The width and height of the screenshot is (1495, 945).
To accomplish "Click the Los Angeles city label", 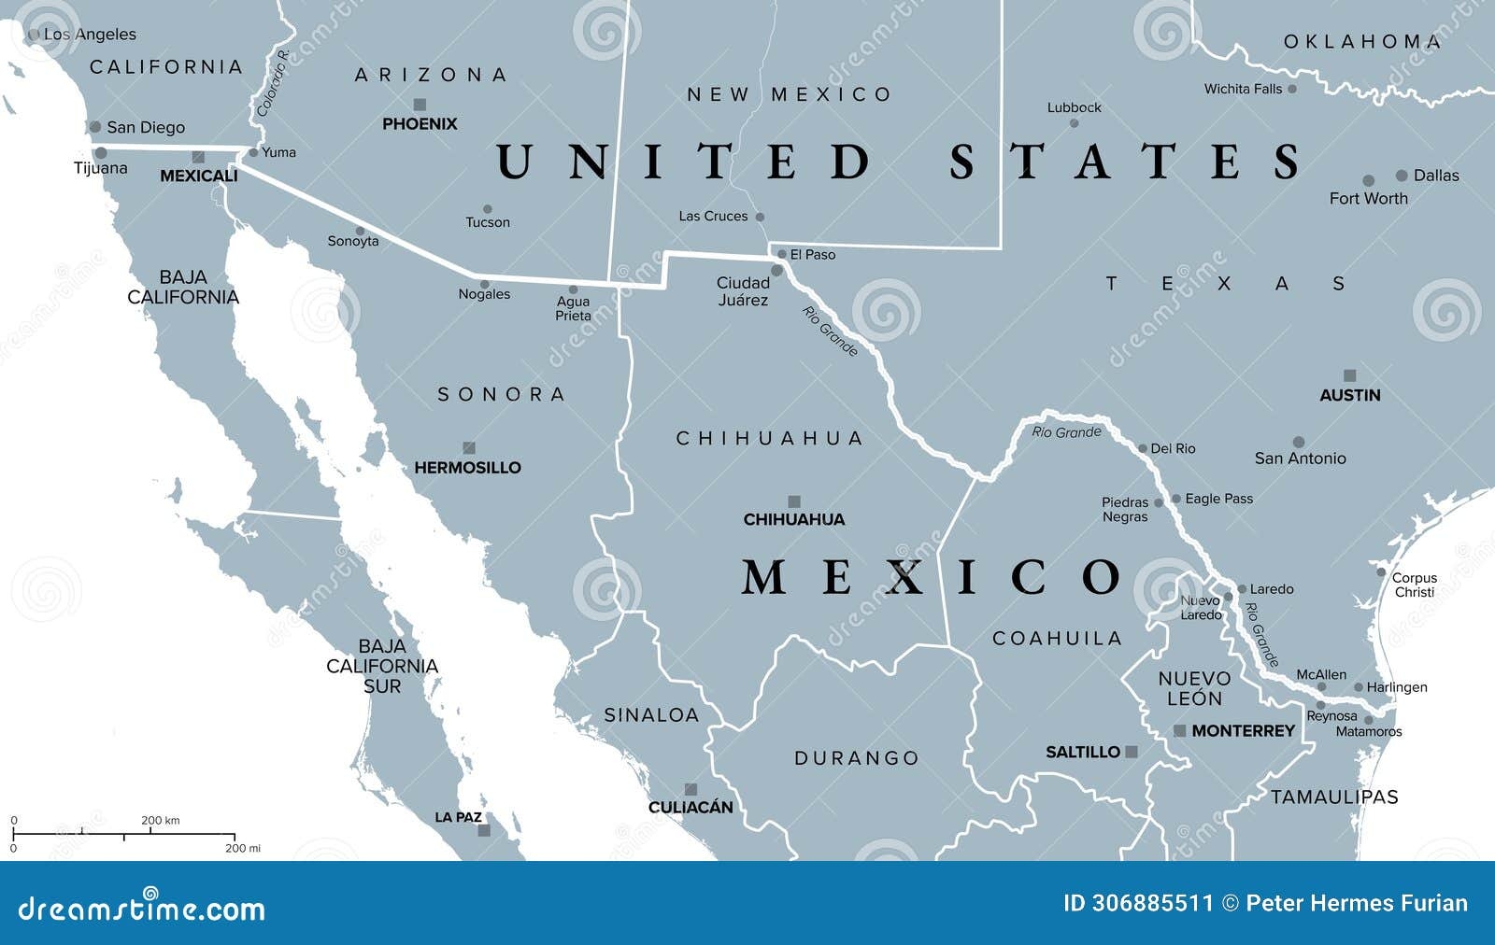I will coord(90,35).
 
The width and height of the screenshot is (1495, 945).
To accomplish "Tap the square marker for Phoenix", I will coord(420,105).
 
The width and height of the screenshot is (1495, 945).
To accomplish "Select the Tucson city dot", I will coord(487,209).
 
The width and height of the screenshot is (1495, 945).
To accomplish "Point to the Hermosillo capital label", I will coord(467,468).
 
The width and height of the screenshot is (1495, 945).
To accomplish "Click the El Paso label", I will coord(813,254).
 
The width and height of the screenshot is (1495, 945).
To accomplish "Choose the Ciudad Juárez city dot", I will coord(776,271).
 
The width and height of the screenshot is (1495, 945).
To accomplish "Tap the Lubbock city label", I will coord(1074,107).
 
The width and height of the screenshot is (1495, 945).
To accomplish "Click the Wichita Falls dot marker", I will coord(1291,89).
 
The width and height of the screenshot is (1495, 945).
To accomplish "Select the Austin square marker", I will coord(1349,375).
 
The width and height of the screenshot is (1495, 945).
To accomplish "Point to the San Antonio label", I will coord(1300,458).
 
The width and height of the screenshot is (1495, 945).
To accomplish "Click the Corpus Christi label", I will coord(1414,585).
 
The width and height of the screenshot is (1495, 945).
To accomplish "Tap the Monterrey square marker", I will coord(1180,730).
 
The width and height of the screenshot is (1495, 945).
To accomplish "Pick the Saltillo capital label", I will coord(1082,752).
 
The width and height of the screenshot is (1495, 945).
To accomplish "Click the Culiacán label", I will coord(691,807).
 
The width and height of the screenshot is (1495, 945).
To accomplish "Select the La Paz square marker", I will coord(484,829).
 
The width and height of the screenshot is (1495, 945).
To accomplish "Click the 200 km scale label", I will coord(161,821).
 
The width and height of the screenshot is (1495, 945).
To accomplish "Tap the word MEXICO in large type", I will coord(932,577).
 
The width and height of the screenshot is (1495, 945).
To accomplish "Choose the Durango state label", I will coord(857,757).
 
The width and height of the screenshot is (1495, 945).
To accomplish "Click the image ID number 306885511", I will coord(1138,903).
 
